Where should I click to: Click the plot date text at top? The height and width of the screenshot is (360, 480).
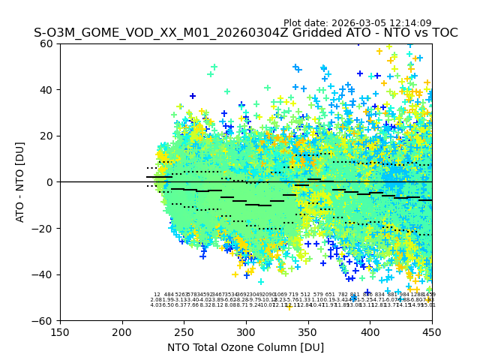click(357, 23)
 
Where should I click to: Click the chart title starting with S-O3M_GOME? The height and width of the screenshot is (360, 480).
click(245, 33)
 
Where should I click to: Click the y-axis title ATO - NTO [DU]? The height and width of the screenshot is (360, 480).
click(21, 181)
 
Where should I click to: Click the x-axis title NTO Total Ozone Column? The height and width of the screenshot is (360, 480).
click(245, 347)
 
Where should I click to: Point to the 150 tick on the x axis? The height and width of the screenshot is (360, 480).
click(60, 331)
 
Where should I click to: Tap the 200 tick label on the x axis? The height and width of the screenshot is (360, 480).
click(122, 331)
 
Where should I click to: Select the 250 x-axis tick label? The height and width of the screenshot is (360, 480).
click(184, 331)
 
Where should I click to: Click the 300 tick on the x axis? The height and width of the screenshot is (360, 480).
click(246, 331)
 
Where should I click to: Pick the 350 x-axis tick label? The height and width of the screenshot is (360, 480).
click(307, 331)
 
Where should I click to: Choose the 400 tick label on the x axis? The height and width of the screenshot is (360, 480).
click(370, 331)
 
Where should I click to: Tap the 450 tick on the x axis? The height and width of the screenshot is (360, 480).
click(431, 331)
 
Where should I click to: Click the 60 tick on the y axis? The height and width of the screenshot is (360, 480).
click(46, 43)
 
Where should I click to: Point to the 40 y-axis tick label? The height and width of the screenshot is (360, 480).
click(46, 90)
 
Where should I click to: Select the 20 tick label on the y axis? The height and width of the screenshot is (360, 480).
click(46, 136)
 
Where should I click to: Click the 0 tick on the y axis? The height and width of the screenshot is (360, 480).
click(49, 182)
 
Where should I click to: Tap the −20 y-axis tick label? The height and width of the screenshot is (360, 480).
click(43, 228)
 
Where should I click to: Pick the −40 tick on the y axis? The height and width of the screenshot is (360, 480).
click(43, 274)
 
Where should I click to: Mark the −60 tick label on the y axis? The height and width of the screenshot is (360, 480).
click(43, 320)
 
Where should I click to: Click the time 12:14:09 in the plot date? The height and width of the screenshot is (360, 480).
click(407, 23)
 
